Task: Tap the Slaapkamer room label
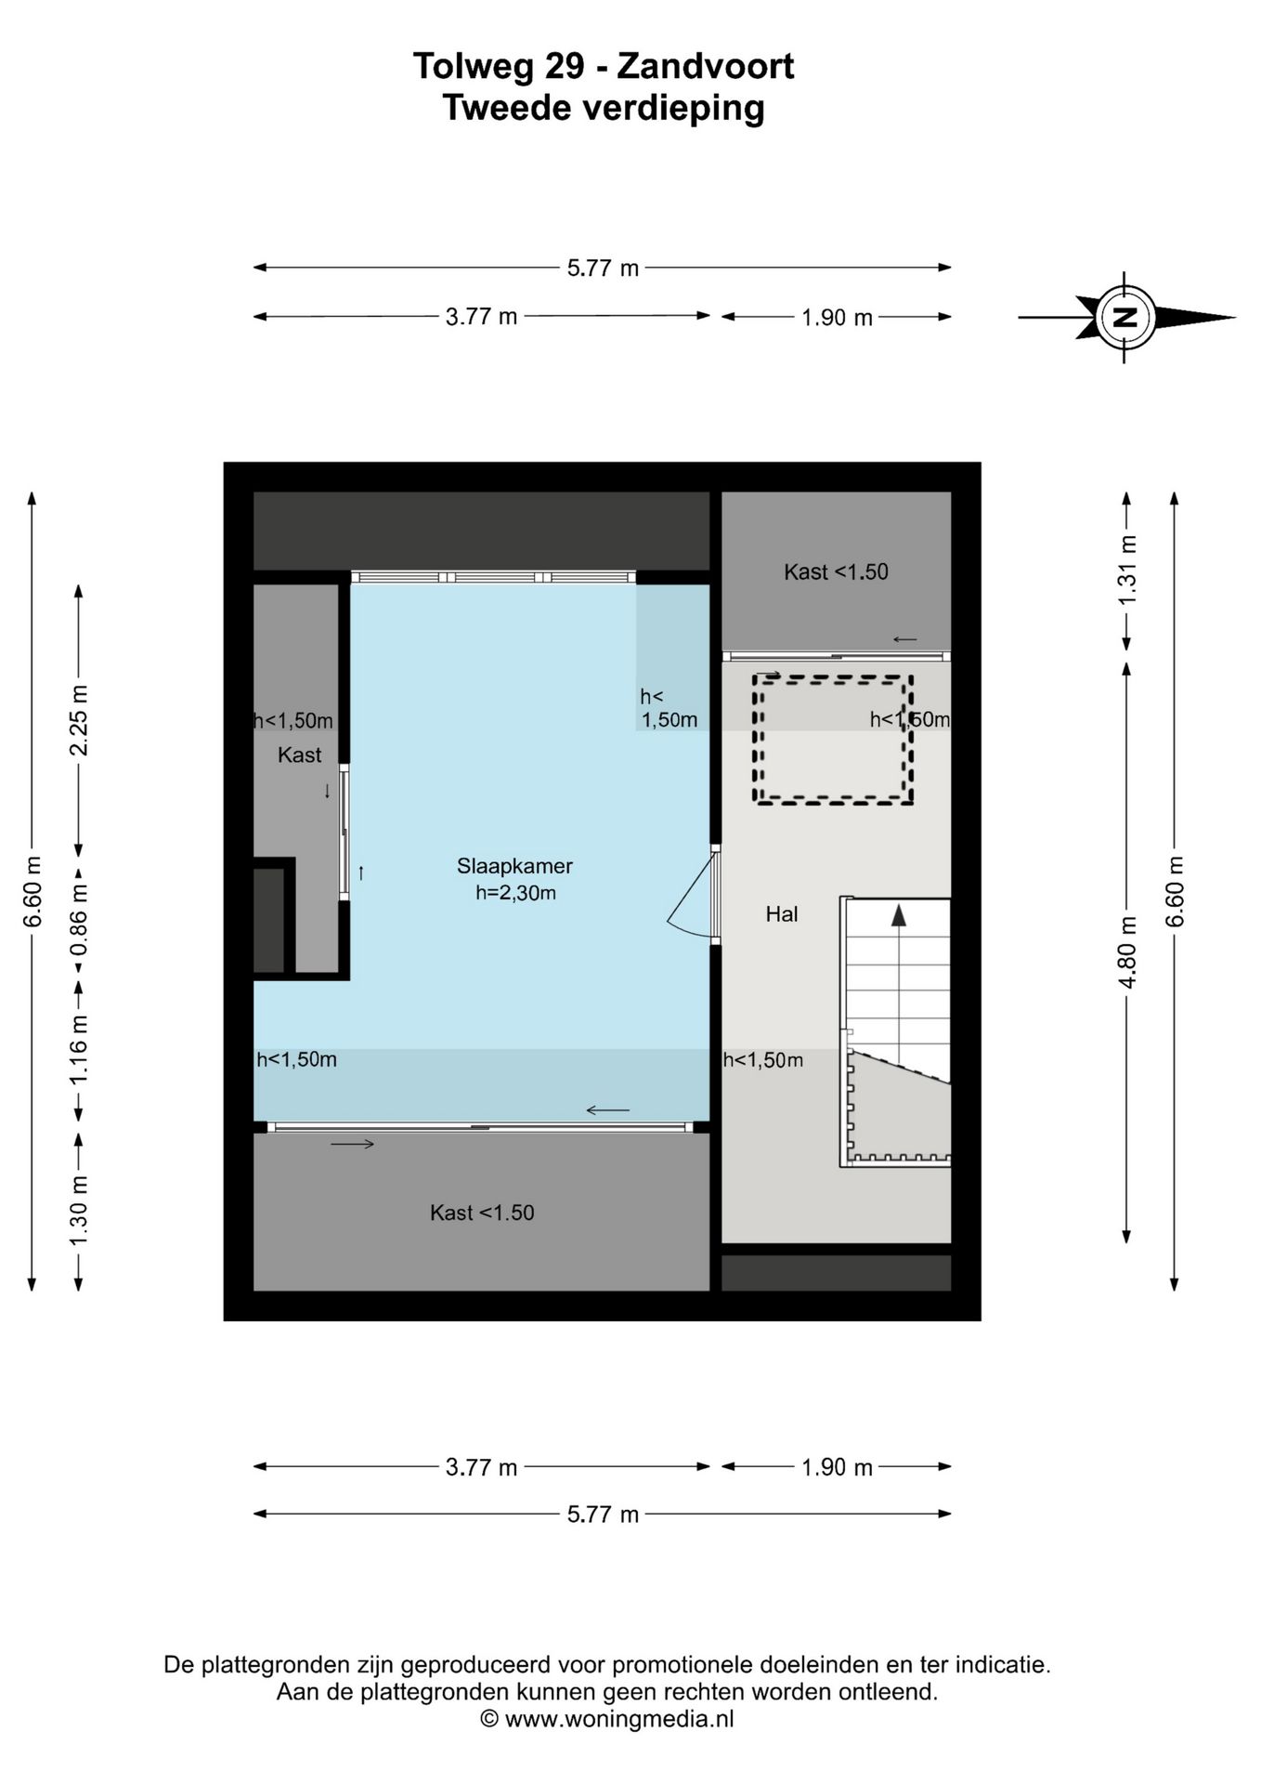pos(514,866)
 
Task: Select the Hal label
pos(782,914)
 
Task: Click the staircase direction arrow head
pos(898,915)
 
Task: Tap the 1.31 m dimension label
pos(1127,571)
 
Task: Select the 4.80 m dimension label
pos(1127,952)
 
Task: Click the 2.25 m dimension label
pos(79,720)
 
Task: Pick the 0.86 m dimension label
pos(79,919)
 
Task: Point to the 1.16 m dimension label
pos(79,1049)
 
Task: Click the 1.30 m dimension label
pos(79,1213)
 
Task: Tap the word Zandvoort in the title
pos(706,67)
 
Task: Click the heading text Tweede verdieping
pos(604,108)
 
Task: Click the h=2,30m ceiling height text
pos(515,893)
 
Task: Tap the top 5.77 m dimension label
pos(604,268)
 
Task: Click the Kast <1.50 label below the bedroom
pos(482,1213)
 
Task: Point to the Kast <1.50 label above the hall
pos(836,571)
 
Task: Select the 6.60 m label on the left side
pos(32,891)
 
